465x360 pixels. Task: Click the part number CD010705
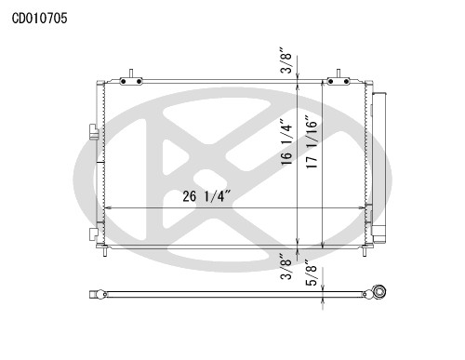tap(39, 19)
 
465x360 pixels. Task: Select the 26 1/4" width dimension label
tap(206, 196)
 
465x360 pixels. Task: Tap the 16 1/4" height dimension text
tap(286, 142)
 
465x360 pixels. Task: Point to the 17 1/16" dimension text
tap(312, 142)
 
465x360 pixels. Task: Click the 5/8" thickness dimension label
tap(312, 273)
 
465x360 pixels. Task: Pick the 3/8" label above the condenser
tap(286, 60)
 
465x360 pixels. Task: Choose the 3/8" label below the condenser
tap(286, 266)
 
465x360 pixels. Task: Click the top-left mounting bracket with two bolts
tap(131, 81)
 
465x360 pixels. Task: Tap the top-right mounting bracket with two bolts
tap(339, 81)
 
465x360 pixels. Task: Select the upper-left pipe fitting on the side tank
tap(93, 131)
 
